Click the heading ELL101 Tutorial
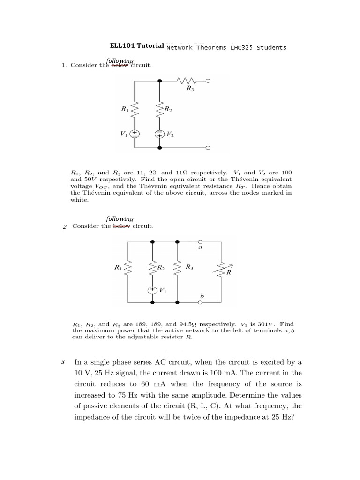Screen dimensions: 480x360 pyautogui.click(x=137, y=46)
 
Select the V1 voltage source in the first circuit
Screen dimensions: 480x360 pyautogui.click(x=135, y=134)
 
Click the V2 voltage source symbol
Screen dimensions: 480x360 pyautogui.click(x=160, y=134)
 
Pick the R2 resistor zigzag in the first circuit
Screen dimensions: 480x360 pyautogui.click(x=160, y=110)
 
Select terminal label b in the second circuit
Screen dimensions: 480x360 pyautogui.click(x=202, y=296)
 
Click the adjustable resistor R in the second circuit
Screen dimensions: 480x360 pyautogui.click(x=221, y=269)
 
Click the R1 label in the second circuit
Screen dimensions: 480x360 pyautogui.click(x=118, y=268)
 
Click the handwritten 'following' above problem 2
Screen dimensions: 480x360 pyautogui.click(x=120, y=218)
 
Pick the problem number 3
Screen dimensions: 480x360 pyautogui.click(x=62, y=362)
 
